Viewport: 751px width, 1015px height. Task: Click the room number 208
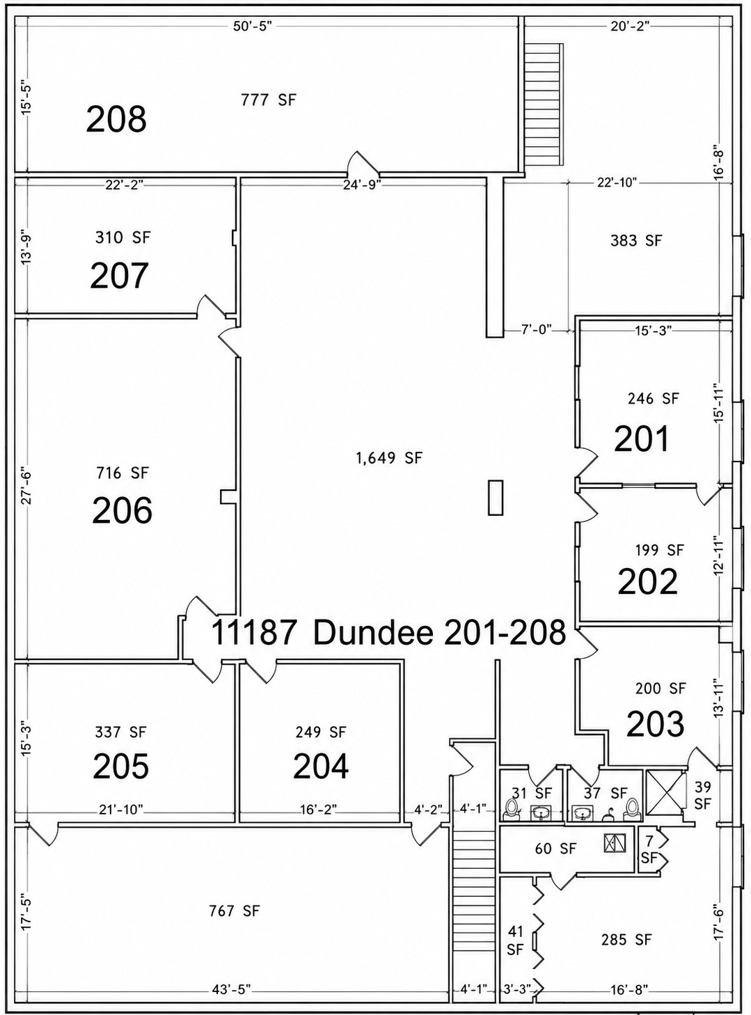(116, 119)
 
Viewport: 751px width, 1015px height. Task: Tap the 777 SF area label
(269, 100)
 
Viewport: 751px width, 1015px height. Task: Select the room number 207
(120, 276)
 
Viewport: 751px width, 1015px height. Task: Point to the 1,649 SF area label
(390, 457)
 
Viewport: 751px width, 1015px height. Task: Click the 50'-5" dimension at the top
(253, 26)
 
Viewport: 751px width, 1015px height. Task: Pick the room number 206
(122, 511)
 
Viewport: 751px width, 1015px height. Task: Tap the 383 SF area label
(636, 240)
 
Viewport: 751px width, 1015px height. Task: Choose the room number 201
(641, 439)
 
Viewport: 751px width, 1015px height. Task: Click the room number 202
(647, 581)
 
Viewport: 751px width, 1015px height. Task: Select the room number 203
(655, 724)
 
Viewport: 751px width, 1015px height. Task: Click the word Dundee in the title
(374, 634)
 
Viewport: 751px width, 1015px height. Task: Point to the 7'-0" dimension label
(537, 329)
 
